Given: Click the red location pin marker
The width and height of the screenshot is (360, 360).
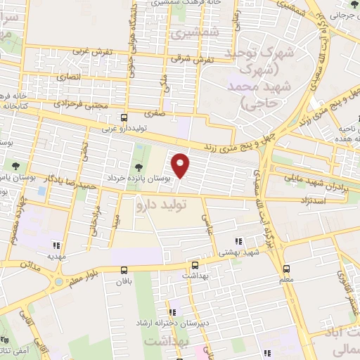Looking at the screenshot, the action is point(181,165).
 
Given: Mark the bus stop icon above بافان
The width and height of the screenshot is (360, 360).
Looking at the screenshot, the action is point(124,269).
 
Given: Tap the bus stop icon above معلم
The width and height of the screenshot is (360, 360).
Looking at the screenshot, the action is point(286,268).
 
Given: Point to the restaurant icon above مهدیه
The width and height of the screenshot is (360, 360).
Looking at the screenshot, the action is point(56,245).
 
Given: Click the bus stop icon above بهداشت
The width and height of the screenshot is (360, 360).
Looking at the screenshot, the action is point(195,265).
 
